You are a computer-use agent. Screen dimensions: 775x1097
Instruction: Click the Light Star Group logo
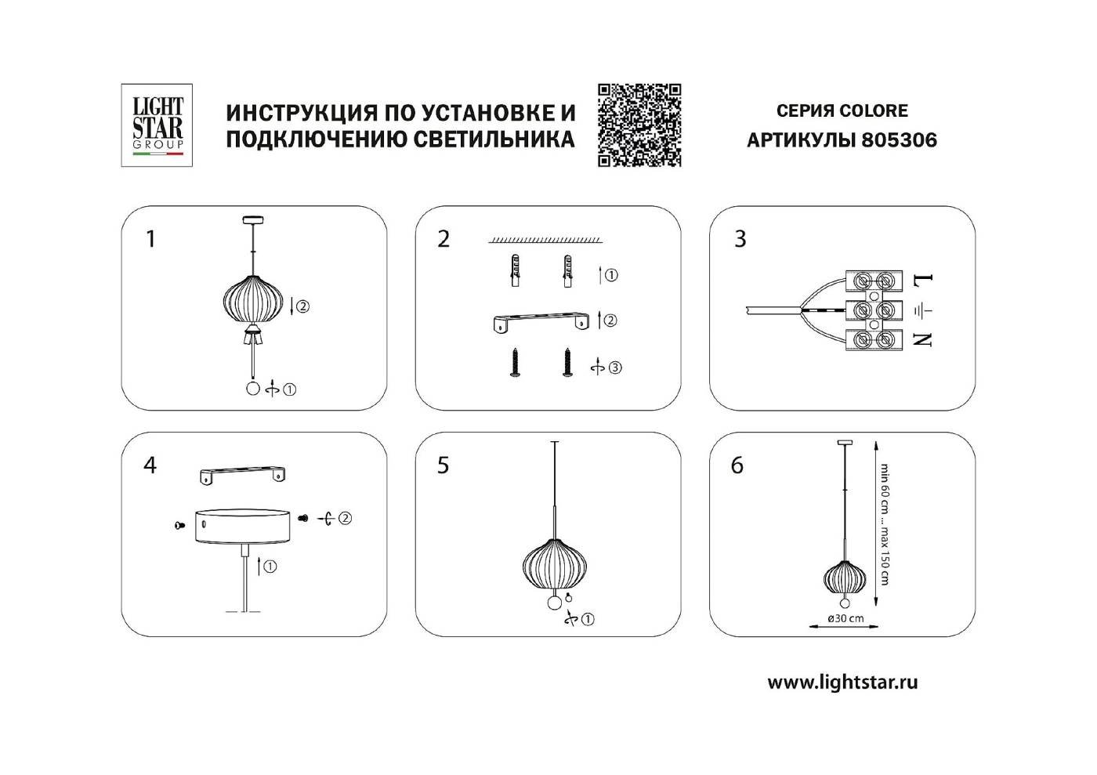point(157,125)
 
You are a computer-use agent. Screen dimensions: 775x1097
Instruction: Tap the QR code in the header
point(639,125)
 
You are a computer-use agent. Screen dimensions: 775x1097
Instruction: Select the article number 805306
point(899,140)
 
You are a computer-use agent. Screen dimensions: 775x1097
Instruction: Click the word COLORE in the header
point(874,111)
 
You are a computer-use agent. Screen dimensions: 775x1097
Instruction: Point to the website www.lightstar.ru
point(842,682)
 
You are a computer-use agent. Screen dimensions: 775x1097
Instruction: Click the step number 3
point(740,239)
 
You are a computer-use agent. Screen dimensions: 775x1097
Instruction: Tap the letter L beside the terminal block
point(925,280)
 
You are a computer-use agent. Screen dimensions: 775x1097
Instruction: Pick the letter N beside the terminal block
point(924,339)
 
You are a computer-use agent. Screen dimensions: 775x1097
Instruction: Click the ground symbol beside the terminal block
point(924,310)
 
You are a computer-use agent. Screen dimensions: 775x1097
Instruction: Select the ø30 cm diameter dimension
point(845,618)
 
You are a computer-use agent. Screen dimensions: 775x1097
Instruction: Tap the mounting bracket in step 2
point(541,321)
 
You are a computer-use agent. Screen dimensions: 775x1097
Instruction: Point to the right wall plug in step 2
point(563,272)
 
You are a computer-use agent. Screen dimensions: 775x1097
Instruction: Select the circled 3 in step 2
point(615,368)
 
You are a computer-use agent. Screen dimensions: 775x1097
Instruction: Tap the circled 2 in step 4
point(345,518)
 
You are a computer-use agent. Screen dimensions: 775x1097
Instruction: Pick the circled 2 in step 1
point(303,306)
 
